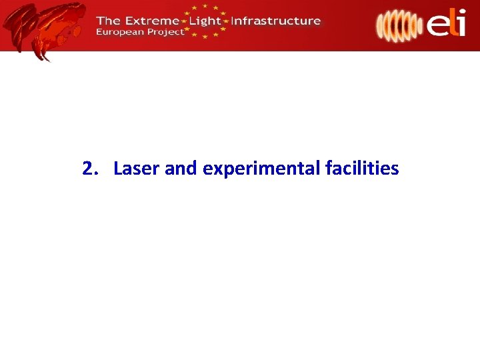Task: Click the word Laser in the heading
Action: tap(137, 169)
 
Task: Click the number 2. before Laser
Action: tap(90, 169)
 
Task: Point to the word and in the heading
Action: tap(181, 169)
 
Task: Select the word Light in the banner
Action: tap(205, 20)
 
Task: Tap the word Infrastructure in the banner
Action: tap(275, 20)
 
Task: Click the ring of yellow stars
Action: tap(206, 22)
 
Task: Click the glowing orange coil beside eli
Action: tap(397, 25)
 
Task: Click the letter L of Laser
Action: tap(118, 169)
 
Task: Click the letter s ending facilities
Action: tap(395, 169)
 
